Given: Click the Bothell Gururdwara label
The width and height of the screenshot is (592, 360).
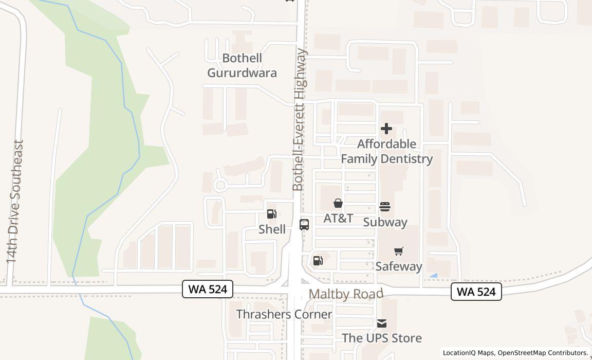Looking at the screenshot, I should click(242, 65).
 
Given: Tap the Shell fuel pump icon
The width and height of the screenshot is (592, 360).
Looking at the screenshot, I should click(272, 214).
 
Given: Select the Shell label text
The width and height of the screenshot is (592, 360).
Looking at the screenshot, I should click(272, 229).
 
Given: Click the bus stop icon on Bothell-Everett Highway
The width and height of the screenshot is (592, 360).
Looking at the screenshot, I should click(304, 224).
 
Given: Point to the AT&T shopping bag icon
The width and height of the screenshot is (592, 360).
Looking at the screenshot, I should click(338, 203).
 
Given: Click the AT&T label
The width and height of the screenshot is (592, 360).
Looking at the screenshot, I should click(338, 218).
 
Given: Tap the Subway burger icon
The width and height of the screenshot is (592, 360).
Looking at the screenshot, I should click(385, 207).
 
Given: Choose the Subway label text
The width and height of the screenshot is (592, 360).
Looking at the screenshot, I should click(385, 222).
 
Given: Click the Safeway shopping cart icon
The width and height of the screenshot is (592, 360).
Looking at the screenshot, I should click(399, 251).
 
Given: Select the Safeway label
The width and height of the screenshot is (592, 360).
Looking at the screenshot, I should click(399, 266).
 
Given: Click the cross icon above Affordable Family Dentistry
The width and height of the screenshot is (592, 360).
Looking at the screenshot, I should click(386, 129).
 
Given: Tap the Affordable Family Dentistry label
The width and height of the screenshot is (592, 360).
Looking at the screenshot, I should click(386, 151).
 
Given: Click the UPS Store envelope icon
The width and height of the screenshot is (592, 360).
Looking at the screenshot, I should click(381, 323).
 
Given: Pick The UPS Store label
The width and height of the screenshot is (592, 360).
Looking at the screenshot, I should click(382, 338).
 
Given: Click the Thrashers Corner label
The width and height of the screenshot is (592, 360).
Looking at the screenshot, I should click(284, 314).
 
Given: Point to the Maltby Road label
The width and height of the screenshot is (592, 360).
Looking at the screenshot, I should click(346, 294).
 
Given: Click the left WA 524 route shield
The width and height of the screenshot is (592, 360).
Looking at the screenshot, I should click(208, 289).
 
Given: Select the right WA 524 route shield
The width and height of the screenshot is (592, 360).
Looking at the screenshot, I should click(476, 292).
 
